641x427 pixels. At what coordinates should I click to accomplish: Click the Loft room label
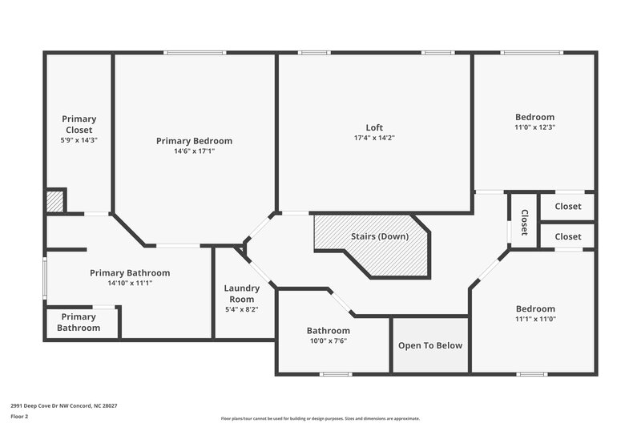[x=374, y=127]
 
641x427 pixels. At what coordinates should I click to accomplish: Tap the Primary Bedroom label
[x=194, y=141]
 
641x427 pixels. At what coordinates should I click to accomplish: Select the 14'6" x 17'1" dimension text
[x=194, y=151]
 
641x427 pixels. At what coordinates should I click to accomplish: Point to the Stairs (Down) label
[x=380, y=236]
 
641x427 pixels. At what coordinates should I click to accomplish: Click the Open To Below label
[x=431, y=345]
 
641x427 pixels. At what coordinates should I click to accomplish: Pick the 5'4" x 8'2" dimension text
[x=241, y=308]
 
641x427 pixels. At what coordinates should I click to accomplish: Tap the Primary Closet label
[x=79, y=124]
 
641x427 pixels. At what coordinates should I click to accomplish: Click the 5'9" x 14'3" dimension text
[x=79, y=139]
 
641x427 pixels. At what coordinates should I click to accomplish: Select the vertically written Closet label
[x=524, y=222]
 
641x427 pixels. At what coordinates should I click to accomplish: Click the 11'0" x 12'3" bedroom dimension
[x=535, y=127]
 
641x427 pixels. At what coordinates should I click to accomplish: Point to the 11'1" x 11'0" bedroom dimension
[x=535, y=319]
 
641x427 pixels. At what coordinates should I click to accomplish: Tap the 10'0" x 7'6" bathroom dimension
[x=329, y=340]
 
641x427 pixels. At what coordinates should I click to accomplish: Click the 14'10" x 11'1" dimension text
[x=130, y=283]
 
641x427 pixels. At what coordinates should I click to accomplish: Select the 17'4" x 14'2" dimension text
[x=374, y=137]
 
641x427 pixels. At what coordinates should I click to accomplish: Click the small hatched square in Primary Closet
[x=54, y=201]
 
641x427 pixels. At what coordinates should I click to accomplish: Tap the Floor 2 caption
[x=20, y=417]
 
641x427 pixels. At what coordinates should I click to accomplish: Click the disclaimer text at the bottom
[x=320, y=418]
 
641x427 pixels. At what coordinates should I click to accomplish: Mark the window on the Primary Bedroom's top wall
[x=195, y=54]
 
